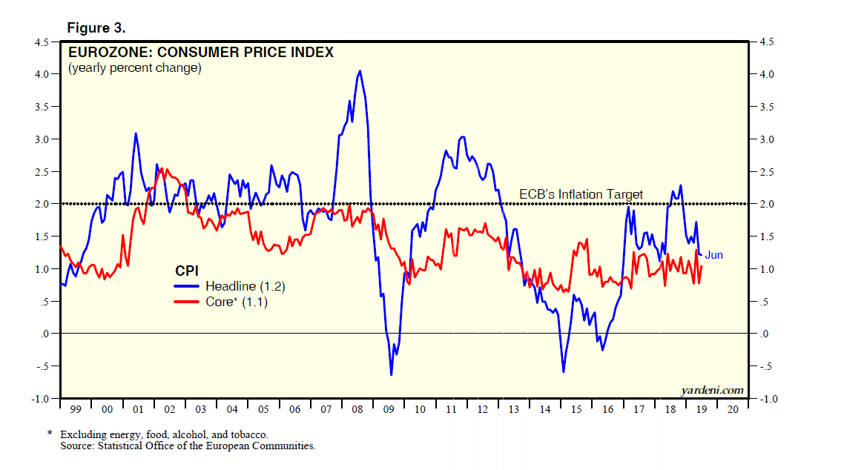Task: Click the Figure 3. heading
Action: [x=96, y=28]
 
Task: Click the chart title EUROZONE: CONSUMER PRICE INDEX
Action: [x=200, y=53]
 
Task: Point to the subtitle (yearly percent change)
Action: [x=134, y=68]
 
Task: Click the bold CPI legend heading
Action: [x=186, y=270]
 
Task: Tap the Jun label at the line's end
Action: [x=713, y=255]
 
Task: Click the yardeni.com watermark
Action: [x=712, y=390]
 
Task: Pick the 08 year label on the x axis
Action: [x=358, y=409]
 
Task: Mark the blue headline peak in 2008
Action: [x=360, y=71]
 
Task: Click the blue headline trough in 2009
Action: [x=391, y=374]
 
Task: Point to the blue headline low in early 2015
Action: [x=563, y=371]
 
